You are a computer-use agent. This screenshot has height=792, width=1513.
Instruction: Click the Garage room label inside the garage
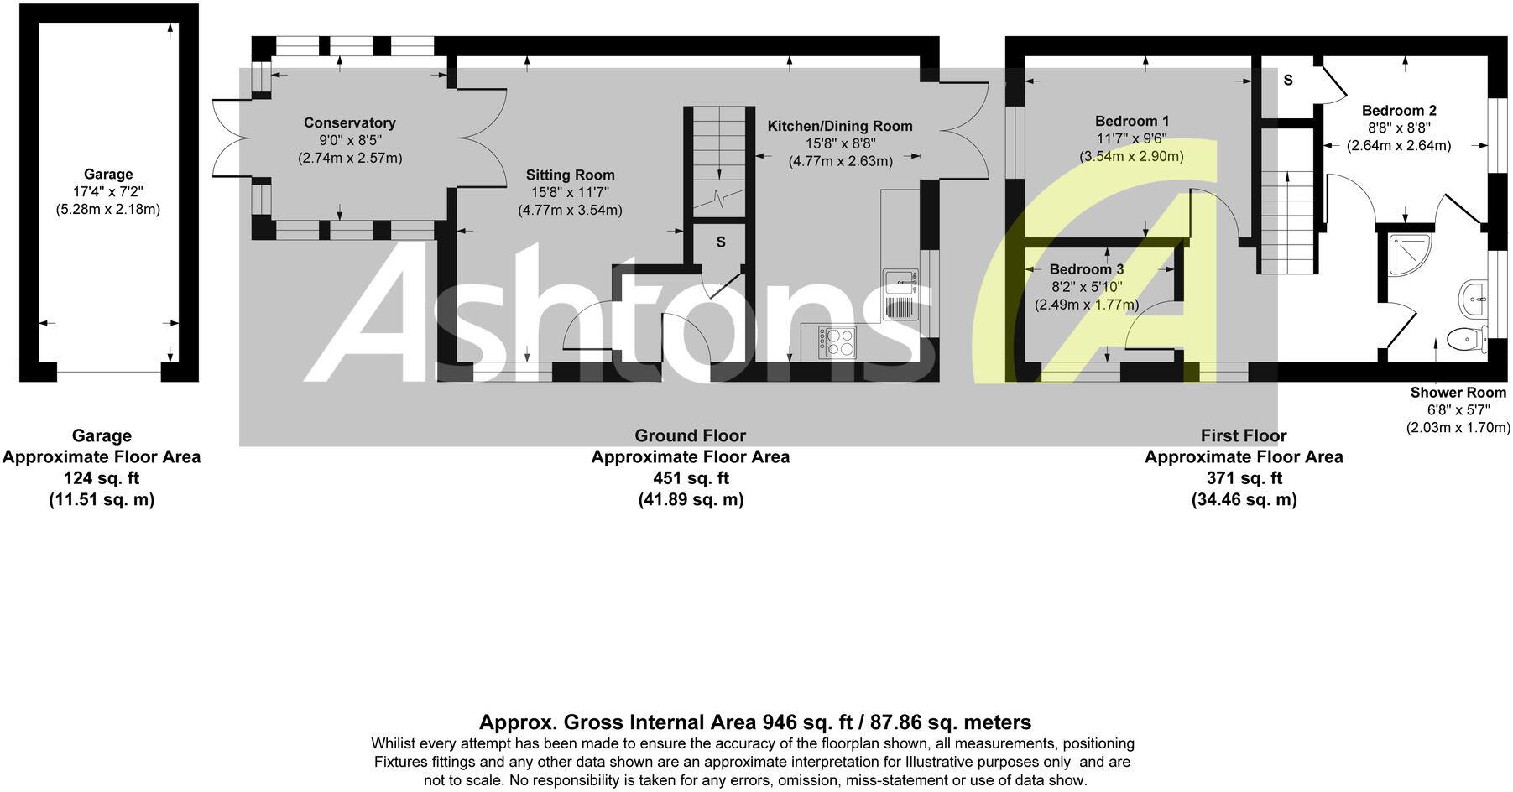pos(107,175)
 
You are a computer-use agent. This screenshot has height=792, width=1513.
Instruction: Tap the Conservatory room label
pos(349,123)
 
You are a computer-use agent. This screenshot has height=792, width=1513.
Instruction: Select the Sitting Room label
pos(570,175)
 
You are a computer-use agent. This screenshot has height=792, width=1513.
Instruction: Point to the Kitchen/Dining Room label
pos(839,127)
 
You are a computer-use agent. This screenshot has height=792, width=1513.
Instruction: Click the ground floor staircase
pos(719,159)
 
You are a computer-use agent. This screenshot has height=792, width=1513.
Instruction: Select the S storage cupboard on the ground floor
pos(720,242)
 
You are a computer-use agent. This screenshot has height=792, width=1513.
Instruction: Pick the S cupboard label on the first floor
pos(1287,81)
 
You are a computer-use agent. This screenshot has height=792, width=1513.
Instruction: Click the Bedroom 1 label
pos(1131,122)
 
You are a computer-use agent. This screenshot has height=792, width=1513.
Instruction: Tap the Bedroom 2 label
pos(1398,111)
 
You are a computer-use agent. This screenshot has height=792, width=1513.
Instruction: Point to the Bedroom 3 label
pos(1086,269)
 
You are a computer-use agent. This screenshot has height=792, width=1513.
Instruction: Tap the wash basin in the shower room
pos(1474,297)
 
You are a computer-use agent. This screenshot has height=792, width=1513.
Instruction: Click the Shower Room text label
pos(1458,393)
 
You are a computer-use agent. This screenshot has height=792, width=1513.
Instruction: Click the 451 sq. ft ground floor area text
pos(690,478)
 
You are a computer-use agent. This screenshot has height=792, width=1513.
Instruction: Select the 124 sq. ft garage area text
pos(102,478)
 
